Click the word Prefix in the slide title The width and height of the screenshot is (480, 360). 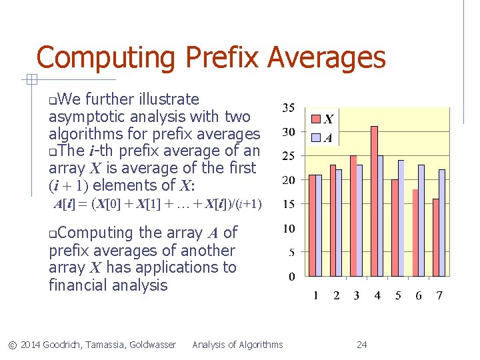click(x=221, y=57)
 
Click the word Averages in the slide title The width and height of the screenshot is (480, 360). click(x=327, y=57)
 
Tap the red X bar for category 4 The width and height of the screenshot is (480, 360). click(x=375, y=201)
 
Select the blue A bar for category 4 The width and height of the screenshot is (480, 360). click(x=381, y=215)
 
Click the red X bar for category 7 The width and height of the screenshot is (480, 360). click(x=436, y=237)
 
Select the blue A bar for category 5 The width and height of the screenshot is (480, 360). click(x=401, y=218)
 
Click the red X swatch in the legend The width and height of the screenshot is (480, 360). click(x=317, y=120)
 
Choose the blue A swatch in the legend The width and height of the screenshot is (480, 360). click(x=317, y=138)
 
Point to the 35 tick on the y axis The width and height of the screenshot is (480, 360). click(x=289, y=108)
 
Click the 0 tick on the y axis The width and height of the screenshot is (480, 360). click(x=292, y=276)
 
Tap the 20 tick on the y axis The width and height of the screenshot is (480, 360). click(x=289, y=180)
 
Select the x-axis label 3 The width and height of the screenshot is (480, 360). click(x=357, y=295)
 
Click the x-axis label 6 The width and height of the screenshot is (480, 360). click(x=419, y=295)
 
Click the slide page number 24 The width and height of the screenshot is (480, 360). click(x=362, y=345)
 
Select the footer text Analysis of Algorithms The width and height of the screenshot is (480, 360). click(x=237, y=345)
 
